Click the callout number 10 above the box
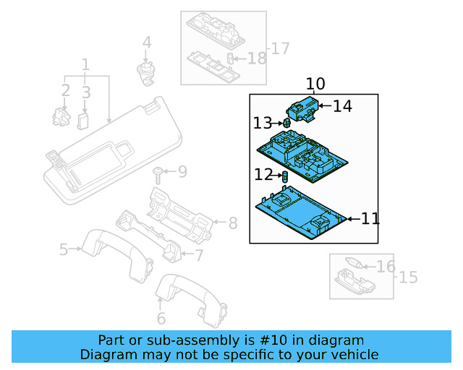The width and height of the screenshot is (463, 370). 315,84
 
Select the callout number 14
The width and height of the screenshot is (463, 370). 342,106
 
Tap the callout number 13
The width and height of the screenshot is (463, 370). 263,124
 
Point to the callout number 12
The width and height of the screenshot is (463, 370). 263,174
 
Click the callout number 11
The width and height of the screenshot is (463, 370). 370,218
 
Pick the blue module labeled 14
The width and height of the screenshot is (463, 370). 304,108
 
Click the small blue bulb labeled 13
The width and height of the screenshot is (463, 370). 286,124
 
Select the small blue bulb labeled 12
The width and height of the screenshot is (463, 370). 285,176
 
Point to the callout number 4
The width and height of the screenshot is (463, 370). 147,43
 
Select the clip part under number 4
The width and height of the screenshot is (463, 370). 147,72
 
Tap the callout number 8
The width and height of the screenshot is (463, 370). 232,224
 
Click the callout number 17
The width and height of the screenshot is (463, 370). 279,48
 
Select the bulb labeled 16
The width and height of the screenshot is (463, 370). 358,264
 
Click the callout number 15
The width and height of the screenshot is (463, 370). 408,277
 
